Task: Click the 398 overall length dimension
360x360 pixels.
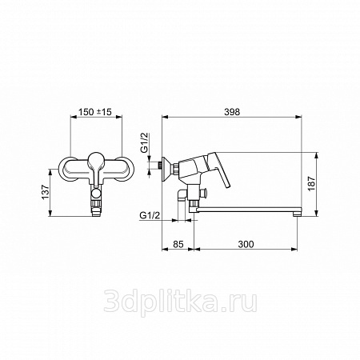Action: [x=232, y=112]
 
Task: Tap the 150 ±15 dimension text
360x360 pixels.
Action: [x=95, y=112]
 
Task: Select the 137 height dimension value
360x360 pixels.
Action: [x=46, y=192]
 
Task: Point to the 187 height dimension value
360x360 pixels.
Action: [x=311, y=183]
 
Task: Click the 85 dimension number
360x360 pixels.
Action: [x=178, y=244]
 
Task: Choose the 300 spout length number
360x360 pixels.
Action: [x=246, y=244]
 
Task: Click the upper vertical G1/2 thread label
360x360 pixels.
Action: [x=144, y=143]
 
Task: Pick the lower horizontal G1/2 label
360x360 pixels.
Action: [x=150, y=215]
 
